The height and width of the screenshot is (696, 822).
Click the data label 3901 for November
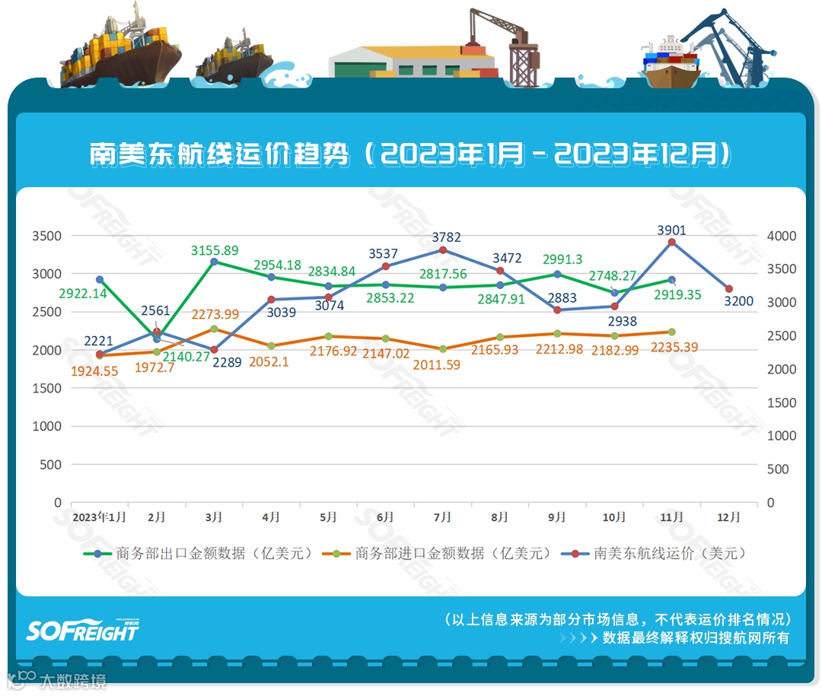pos(671,230)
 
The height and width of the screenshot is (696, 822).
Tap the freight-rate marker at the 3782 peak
pos(443,250)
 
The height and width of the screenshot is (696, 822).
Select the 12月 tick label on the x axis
pos(728,517)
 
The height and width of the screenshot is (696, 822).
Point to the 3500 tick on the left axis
pos(47,236)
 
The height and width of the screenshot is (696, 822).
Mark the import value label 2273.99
pos(215,314)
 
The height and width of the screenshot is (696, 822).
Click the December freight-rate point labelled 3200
pos(729,289)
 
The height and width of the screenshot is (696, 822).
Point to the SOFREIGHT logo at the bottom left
pos(82,630)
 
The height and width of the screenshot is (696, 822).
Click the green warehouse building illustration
pos(412,62)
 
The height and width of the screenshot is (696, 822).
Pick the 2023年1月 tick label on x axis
pos(99,517)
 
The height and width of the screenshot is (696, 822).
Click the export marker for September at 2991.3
pos(557,274)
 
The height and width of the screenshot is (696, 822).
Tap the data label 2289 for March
pos(227,363)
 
